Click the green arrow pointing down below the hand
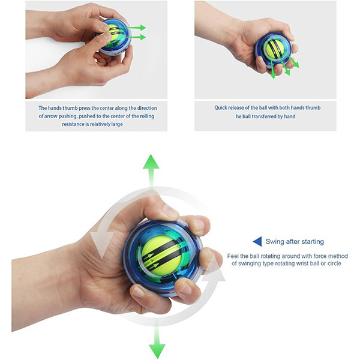pos(157,340)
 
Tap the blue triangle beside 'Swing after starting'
pos(257,242)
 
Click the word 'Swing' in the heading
pos(274,242)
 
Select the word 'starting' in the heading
pos(313,242)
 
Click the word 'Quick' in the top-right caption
pos(220,107)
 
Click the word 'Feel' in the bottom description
pos(233,256)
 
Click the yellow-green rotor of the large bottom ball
pos(161,255)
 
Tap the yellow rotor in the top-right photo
pos(275,49)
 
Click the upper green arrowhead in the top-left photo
pos(143,28)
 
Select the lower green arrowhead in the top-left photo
pos(143,37)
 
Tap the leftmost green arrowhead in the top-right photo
pos(273,76)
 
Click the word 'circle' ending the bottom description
pos(334,263)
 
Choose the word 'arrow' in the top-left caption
pos(51,116)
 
